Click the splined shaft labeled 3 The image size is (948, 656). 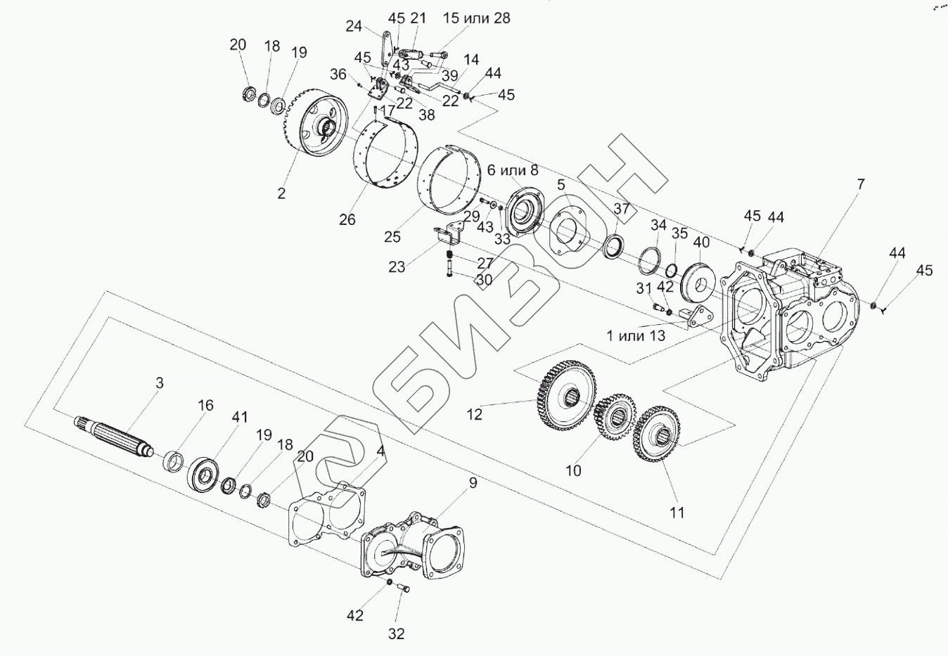tap(113, 436)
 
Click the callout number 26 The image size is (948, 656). tap(347, 219)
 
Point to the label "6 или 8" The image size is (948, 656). tap(513, 170)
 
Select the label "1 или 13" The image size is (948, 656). tap(636, 335)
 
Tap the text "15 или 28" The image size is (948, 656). tap(476, 18)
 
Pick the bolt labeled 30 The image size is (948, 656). tap(449, 269)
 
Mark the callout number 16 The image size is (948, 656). tap(205, 406)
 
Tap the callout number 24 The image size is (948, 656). tap(354, 27)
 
